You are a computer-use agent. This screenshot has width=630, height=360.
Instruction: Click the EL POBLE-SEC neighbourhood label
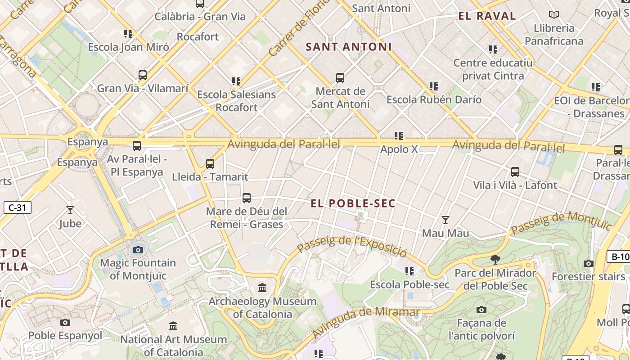tap(353, 203)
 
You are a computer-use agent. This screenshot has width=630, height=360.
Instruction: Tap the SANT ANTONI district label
tap(349, 47)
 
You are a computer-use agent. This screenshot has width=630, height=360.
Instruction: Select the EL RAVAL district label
tap(487, 16)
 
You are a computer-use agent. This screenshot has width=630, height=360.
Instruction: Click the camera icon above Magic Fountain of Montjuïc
tap(138, 250)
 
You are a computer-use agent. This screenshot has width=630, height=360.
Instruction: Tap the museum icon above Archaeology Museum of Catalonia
tap(262, 288)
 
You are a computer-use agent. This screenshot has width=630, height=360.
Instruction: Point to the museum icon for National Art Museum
tap(173, 326)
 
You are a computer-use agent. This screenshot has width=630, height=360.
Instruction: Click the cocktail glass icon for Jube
tap(70, 210)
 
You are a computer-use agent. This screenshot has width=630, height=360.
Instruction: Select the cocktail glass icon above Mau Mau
tap(445, 220)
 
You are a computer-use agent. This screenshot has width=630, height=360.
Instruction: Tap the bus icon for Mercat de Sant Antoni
tap(340, 78)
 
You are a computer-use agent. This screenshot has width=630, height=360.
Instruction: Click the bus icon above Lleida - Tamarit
tap(210, 164)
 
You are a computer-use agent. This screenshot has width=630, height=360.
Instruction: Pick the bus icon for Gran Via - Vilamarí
tap(143, 75)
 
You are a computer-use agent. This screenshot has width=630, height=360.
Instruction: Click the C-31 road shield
tap(17, 207)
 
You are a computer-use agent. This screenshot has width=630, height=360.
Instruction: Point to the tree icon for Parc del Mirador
tap(495, 260)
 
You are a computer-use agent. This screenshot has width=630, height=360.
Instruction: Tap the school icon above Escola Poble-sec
tap(409, 271)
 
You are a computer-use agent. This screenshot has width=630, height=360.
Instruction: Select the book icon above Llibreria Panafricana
tap(553, 15)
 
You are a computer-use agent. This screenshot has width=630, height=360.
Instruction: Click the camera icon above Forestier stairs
tap(588, 263)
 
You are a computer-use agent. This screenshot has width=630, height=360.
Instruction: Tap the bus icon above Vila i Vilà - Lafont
tap(515, 172)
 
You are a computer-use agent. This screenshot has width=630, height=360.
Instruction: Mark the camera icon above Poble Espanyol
tap(65, 322)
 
